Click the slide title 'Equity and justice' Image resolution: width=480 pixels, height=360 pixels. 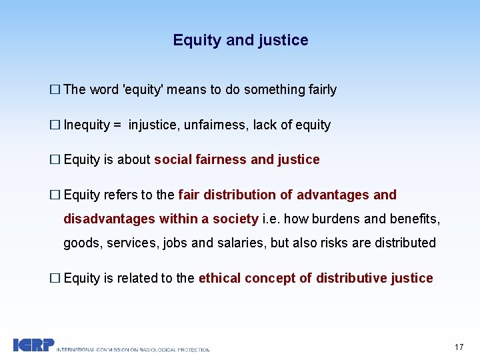240,40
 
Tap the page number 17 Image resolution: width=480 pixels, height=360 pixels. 459,347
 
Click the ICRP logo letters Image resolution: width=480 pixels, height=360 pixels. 33,345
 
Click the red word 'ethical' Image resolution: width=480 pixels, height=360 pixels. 220,278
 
